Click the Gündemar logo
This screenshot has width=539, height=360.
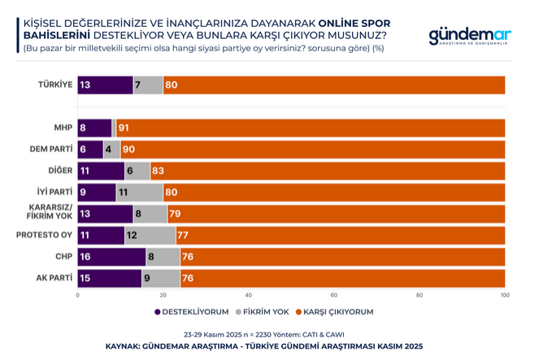[x=469, y=37]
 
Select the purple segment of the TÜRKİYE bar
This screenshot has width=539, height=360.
[x=105, y=85]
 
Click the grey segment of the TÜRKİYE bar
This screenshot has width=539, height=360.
[x=148, y=85]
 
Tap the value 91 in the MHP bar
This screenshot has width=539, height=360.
[x=124, y=128]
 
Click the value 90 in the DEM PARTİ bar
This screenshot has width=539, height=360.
[x=128, y=150]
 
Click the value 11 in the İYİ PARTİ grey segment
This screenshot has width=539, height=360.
[x=124, y=193]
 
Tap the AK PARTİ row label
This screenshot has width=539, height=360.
[x=54, y=279]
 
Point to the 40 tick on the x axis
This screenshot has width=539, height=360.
[x=249, y=295]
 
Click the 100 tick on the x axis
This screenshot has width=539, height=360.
[x=506, y=295]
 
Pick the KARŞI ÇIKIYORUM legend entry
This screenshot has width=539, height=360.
[x=338, y=310]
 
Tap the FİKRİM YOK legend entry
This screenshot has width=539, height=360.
[x=262, y=310]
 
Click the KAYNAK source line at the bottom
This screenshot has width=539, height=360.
[x=264, y=345]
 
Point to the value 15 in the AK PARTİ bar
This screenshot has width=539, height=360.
[x=85, y=279]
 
